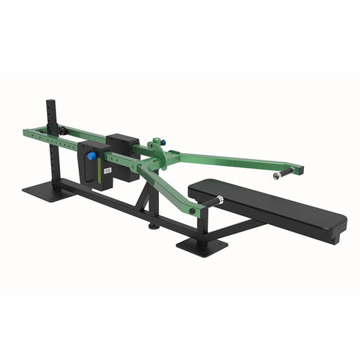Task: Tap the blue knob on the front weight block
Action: click(x=91, y=157)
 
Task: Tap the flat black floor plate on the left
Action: click(x=47, y=191)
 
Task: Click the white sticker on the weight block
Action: click(x=106, y=172)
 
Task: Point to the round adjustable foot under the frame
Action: click(x=154, y=225)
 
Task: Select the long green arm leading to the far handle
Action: click(x=225, y=158)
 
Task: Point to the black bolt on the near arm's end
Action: click(x=193, y=212)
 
